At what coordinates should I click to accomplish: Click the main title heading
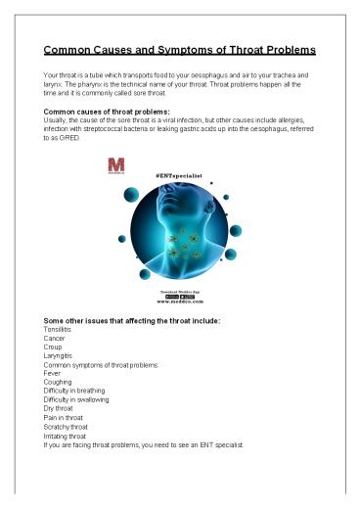[179, 50]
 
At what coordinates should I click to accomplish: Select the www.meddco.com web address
[179, 305]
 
